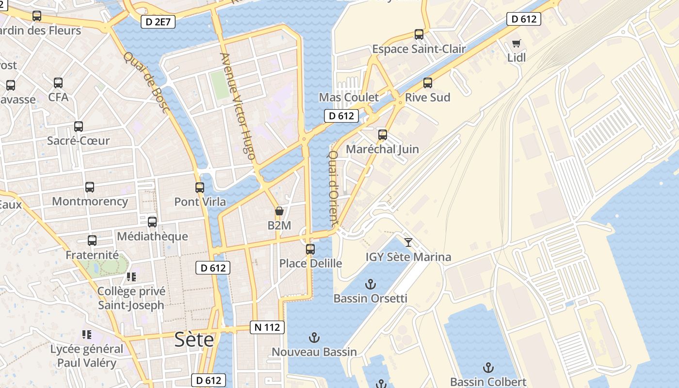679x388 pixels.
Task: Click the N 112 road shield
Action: coord(267,327)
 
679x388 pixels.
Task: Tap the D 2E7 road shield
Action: coord(158,21)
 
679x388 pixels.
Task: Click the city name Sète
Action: coord(194,339)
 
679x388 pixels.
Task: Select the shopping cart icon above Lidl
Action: coord(517,44)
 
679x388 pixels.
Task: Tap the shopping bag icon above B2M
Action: coord(279,211)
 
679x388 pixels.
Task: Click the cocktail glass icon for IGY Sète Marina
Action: coord(408,242)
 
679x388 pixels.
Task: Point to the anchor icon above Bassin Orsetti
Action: coord(371,284)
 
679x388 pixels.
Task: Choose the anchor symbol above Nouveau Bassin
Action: coord(314,337)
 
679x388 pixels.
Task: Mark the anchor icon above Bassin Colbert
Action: coord(488,368)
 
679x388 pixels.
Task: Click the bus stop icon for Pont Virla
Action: coord(200,187)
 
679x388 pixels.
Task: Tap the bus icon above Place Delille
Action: coord(310,249)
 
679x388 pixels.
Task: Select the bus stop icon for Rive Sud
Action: coord(427,83)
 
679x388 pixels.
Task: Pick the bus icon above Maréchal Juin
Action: coord(383,135)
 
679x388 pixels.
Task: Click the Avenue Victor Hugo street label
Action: coord(237,106)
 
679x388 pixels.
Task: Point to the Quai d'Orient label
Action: coord(333,188)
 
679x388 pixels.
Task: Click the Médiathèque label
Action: coord(152,236)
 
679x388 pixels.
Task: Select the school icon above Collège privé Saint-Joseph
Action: coord(131,277)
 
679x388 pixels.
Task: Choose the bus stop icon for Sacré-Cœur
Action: coord(79,127)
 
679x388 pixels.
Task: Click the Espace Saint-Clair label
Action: coord(419,49)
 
